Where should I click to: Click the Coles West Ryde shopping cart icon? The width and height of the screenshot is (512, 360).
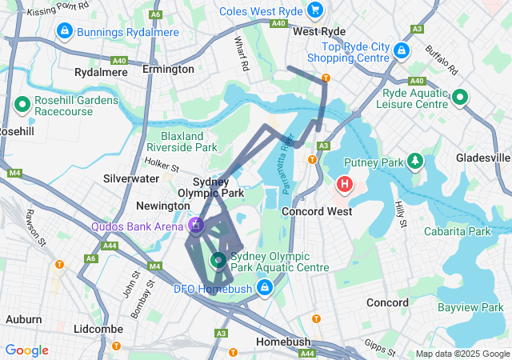[x=315, y=10]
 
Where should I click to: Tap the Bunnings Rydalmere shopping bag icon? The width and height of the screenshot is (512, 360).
[x=62, y=30]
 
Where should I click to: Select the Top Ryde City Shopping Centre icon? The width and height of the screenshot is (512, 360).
[x=401, y=50]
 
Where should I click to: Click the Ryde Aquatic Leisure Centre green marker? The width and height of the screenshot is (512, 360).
[x=460, y=98]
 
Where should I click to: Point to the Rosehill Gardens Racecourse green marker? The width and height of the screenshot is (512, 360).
[x=22, y=104]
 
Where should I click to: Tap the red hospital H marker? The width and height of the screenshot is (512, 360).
[x=345, y=186]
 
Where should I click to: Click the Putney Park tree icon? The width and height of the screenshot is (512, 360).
[x=414, y=162]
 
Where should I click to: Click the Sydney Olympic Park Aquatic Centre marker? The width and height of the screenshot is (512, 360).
[x=218, y=260]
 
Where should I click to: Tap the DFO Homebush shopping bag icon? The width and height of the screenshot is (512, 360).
[x=264, y=287]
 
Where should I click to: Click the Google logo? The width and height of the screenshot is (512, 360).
[x=26, y=350]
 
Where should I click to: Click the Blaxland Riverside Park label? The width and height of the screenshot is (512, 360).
[x=189, y=142]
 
